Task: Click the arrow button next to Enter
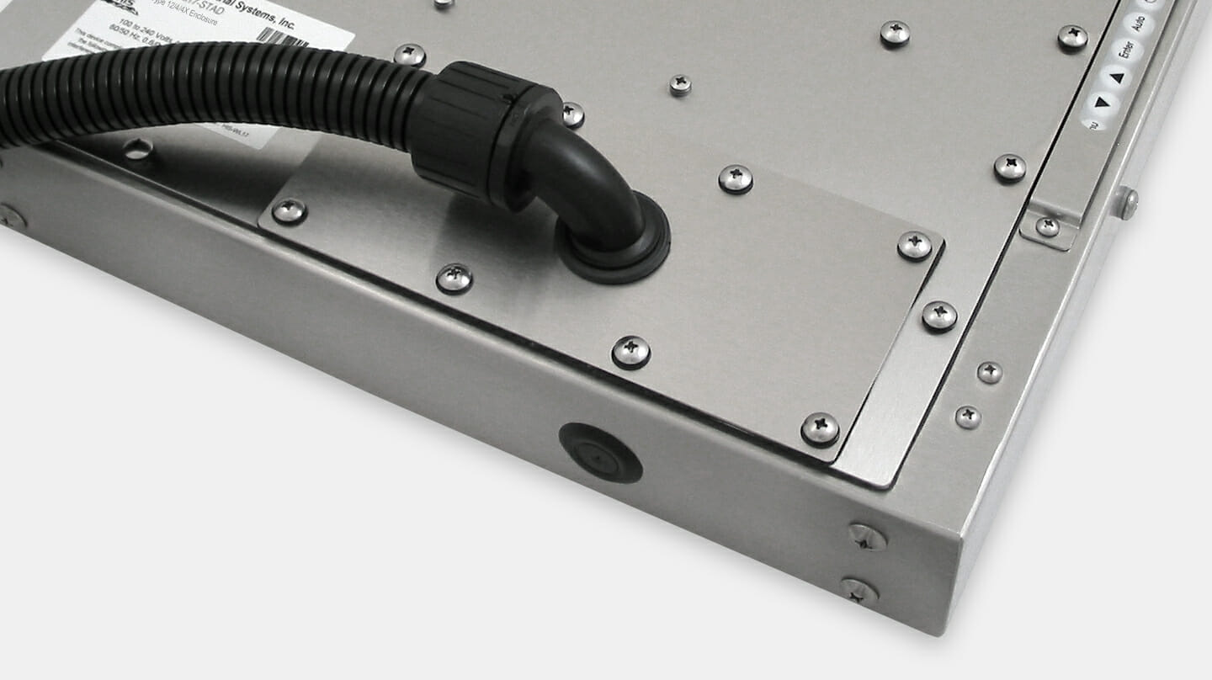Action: point(1117,77)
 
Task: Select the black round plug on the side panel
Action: point(600,452)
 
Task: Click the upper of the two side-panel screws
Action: point(867,536)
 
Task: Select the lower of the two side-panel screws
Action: point(858,591)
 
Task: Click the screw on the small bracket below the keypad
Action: point(1047,226)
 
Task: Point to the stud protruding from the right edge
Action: point(1126,202)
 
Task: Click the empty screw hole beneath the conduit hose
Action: point(137,150)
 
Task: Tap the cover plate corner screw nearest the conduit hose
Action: point(289,210)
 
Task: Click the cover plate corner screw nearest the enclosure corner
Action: point(819,428)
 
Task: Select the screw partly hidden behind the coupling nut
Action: point(572,114)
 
